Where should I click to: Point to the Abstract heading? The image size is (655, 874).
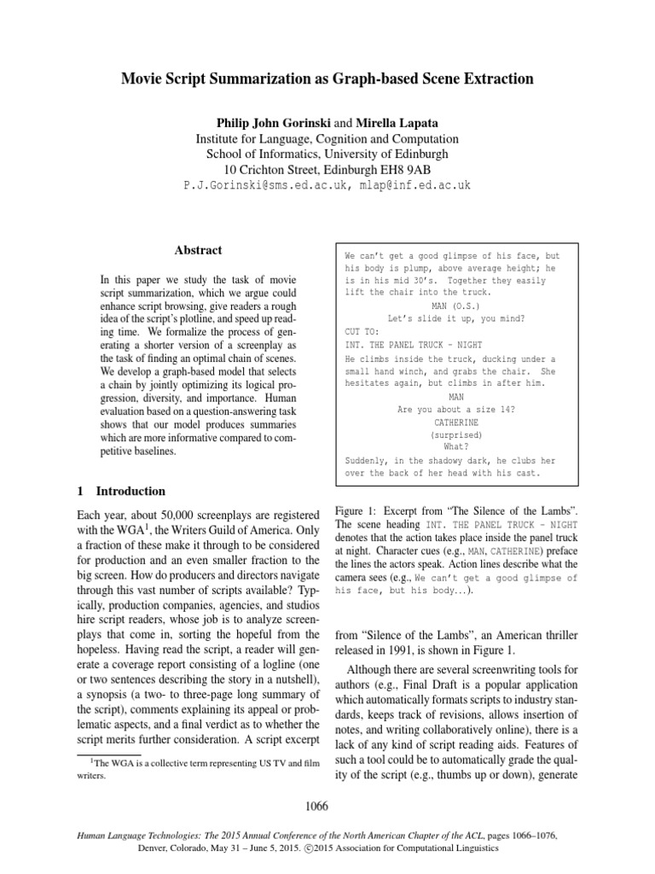pos(198,250)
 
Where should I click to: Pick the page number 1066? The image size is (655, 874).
pos(327,805)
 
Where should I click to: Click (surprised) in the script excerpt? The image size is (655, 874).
pos(455,434)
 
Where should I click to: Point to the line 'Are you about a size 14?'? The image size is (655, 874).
pos(455,410)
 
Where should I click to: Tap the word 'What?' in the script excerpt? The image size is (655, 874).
pos(455,446)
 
